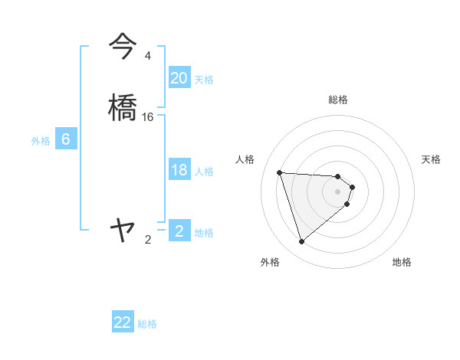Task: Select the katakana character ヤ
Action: coord(123,229)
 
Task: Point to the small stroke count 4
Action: coord(147,56)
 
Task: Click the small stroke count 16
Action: coord(148,117)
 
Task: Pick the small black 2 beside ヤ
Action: coord(147,240)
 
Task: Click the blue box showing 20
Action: coord(179,78)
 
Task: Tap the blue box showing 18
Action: coord(179,170)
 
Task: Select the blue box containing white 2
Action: coord(179,231)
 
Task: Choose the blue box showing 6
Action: coord(66,139)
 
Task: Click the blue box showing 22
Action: coord(123,322)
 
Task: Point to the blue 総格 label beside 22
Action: coord(147,324)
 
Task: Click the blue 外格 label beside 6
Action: coord(41,141)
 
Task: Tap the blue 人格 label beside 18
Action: coord(204,172)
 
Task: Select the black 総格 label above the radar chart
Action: coord(338,100)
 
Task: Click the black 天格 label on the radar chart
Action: coord(432,159)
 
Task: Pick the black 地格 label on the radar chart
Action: coord(402,262)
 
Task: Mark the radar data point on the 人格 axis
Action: coord(280,172)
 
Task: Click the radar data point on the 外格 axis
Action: coord(302,241)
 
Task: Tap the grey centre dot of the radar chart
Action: coord(338,191)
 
